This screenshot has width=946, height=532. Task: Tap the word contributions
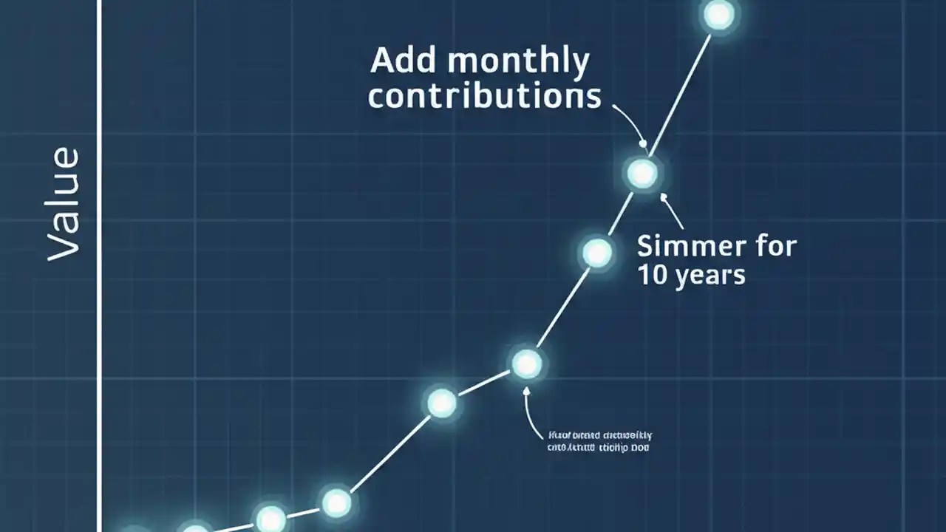click(x=484, y=97)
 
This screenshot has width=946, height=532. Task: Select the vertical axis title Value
click(x=63, y=204)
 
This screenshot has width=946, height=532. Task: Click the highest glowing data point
click(x=718, y=15)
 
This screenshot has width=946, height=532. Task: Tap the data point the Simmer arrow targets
click(x=642, y=173)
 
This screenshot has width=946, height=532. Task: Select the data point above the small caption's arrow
click(x=527, y=364)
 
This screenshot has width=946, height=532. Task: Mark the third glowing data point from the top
click(x=596, y=253)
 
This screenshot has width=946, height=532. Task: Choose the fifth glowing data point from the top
click(x=442, y=403)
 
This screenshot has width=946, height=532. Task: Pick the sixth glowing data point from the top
click(x=336, y=503)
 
